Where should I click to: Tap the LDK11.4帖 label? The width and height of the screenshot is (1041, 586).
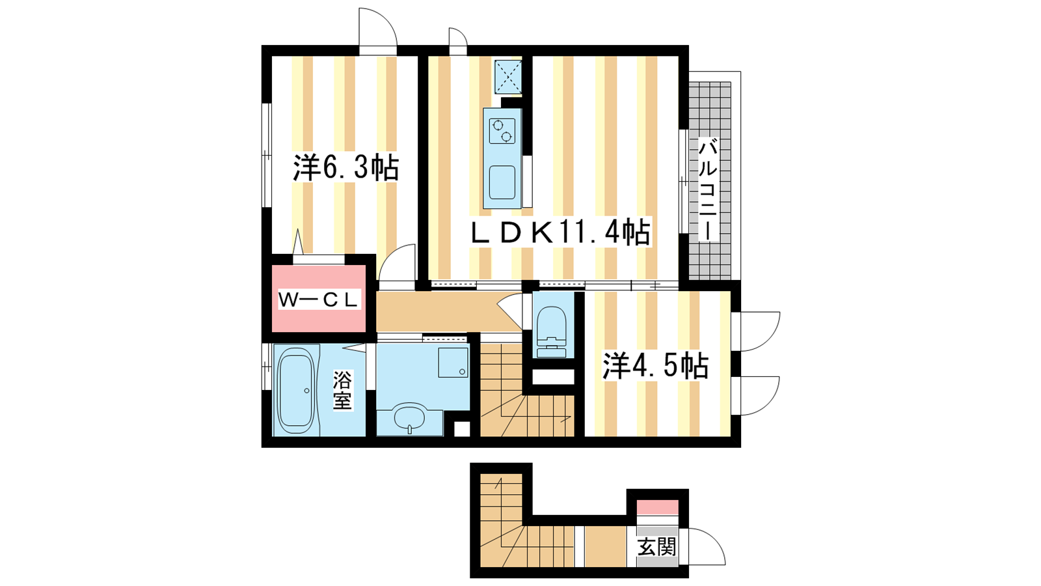point(560,232)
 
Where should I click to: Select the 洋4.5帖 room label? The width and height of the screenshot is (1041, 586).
point(655,366)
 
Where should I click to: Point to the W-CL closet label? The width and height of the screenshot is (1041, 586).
point(318,299)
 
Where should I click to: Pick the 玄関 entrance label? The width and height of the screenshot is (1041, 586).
point(656,546)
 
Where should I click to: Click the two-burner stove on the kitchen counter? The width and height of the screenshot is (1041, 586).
point(502,131)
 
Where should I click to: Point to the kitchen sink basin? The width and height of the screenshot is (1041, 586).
point(502,182)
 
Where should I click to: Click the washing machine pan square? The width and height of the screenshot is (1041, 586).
point(453,362)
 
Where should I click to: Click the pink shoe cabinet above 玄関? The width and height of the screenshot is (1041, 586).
point(657,507)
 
